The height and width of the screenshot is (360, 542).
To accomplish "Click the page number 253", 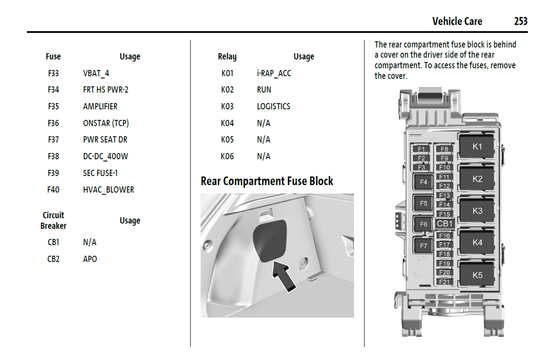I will coord(521,21).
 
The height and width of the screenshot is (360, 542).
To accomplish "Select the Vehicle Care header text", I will coord(457,21).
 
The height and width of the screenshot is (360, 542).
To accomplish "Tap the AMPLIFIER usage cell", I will coord(100,107).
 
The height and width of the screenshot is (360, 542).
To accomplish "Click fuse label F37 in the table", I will coord(53,140).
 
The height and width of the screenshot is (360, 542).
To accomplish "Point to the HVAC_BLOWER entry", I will coord(108,190).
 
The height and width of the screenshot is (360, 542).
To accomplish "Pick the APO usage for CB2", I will coord(90,259).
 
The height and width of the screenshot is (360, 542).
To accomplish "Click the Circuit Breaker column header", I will coord(53,220).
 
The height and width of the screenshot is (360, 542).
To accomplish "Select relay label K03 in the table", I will coord(227,107).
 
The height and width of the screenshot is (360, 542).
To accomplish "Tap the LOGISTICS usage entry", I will coord(273,107).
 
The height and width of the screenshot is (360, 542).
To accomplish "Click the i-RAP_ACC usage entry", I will coord(274,73).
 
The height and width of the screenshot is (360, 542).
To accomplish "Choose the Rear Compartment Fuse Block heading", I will coord(267,181).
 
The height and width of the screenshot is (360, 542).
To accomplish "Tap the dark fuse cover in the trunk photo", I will coord(269,240).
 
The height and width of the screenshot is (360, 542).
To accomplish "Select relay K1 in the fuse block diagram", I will coord(477,147).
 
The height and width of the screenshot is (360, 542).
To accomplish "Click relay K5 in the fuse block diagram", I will coord(477,275).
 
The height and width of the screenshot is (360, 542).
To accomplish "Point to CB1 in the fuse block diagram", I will coord(445,224).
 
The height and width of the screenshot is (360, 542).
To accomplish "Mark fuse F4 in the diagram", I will coord(423,182).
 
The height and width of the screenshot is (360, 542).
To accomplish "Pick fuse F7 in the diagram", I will coord(423,246).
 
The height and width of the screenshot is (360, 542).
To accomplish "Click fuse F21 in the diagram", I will coord(444,282).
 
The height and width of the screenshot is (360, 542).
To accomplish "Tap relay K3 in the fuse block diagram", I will coord(477,211).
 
